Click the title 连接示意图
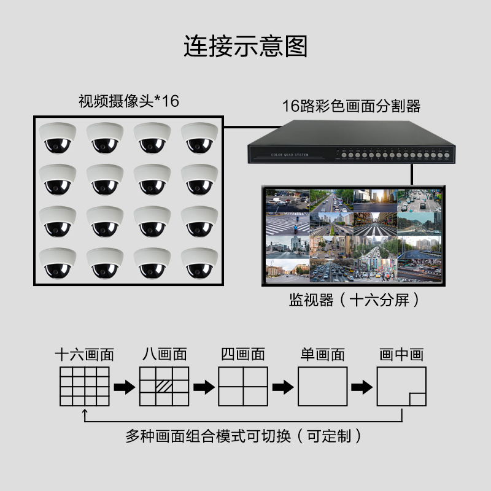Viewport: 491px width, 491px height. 245,47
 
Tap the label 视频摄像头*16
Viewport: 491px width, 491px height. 128,101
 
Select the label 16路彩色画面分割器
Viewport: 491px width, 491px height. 351,106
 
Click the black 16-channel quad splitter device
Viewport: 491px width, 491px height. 352,146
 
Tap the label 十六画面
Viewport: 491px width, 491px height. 85,355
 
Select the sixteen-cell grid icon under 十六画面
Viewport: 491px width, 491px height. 85,387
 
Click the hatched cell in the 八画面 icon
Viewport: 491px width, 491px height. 164,387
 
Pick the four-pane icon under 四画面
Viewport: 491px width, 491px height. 242,387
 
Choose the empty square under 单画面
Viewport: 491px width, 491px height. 322,387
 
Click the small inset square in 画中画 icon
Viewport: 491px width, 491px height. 417,398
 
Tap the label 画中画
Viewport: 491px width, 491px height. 401,355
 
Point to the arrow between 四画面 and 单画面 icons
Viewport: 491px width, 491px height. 282,387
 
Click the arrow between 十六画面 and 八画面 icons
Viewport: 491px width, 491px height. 125,387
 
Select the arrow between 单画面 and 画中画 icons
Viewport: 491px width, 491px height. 361,387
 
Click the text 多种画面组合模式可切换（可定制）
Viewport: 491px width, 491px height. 244,436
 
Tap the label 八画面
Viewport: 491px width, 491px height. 164,355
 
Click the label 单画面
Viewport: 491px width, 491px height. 322,355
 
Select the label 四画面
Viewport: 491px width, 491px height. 242,355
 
